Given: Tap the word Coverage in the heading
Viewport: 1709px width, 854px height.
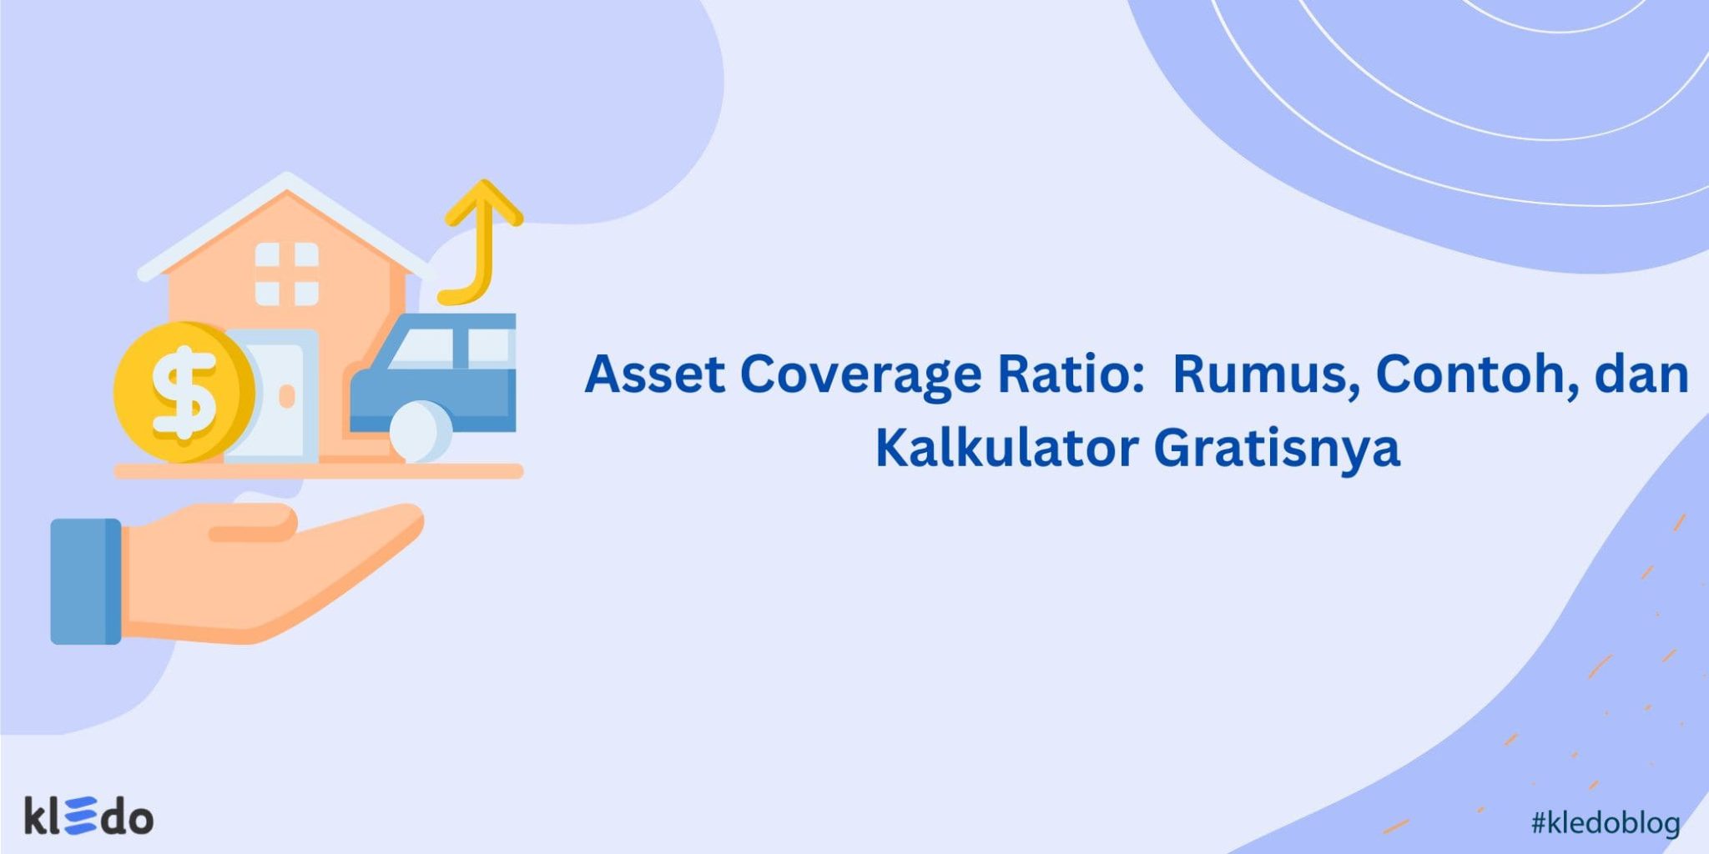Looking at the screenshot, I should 860,375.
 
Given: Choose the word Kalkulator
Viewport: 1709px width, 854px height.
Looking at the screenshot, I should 1006,448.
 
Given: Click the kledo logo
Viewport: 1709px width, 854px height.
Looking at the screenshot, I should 88,816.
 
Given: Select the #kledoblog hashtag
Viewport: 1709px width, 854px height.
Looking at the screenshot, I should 1605,823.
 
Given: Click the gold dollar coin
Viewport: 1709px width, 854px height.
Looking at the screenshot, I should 184,392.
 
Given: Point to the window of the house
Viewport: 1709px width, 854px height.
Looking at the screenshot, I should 286,274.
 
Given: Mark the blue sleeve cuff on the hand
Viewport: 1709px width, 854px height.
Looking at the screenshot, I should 85,580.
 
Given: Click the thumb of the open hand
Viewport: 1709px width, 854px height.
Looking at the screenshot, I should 250,525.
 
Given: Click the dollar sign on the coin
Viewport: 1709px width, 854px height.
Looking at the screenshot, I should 184,392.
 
